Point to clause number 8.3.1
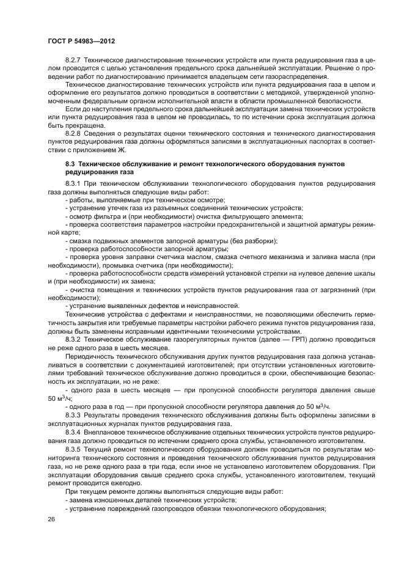click(x=73, y=184)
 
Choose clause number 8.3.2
click(x=73, y=338)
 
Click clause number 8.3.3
click(x=73, y=415)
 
